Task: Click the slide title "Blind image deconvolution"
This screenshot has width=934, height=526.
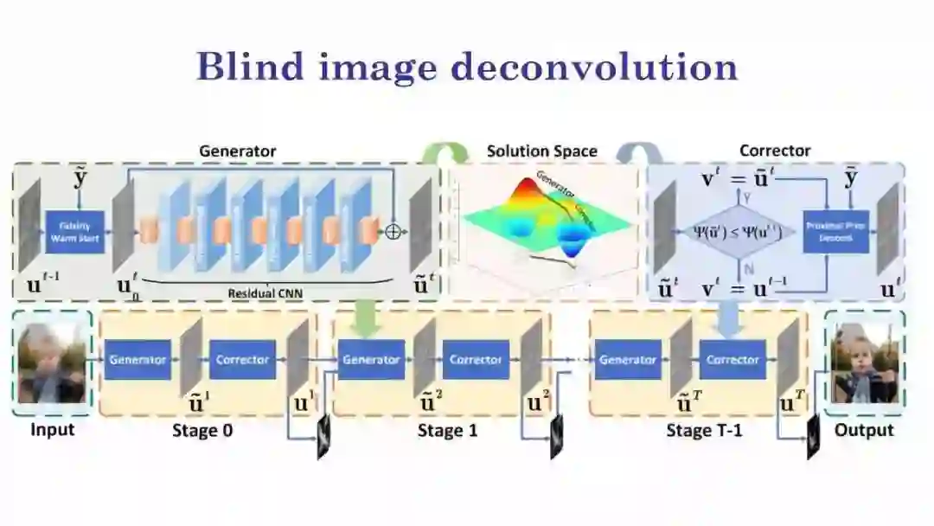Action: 467,67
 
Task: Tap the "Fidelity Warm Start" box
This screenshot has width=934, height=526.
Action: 75,232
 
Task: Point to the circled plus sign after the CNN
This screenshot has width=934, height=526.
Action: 393,232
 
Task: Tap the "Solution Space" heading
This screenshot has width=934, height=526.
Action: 541,151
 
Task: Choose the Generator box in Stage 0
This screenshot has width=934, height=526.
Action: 138,360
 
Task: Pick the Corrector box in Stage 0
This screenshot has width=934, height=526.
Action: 243,360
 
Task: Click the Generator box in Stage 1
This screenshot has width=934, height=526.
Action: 370,360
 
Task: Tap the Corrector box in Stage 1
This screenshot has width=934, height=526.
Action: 476,360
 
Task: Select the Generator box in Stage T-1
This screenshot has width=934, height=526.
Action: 628,360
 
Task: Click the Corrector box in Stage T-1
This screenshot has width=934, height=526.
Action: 732,360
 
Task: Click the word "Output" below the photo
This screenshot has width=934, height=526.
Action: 864,430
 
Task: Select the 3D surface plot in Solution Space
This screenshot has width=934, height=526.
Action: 545,221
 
